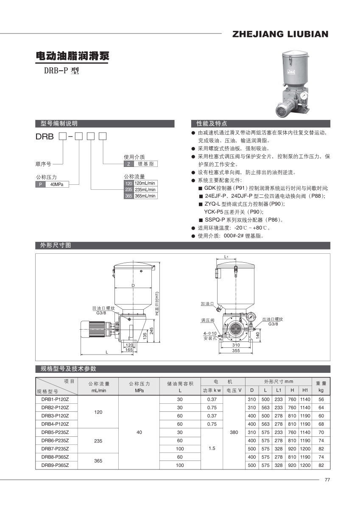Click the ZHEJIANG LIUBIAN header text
(280, 34)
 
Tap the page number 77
(327, 480)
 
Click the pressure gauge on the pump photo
(303, 96)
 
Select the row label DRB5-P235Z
(55, 432)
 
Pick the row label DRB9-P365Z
(55, 465)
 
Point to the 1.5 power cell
(212, 448)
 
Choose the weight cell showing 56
(321, 400)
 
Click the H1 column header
(304, 390)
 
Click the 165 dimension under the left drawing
(129, 350)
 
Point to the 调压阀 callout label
(208, 320)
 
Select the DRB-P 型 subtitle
(61, 71)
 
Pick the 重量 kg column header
(321, 386)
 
